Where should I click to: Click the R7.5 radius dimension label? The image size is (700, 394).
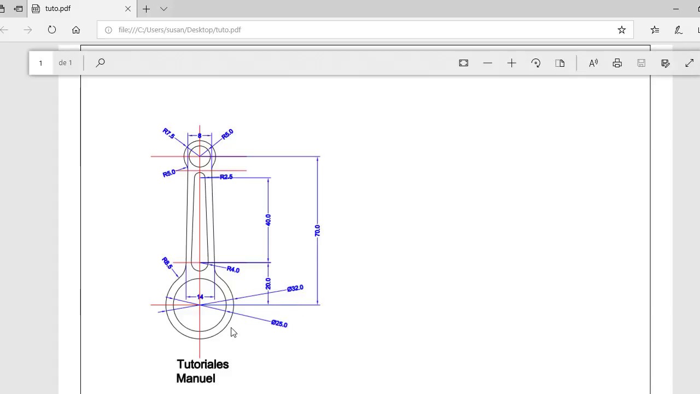(x=168, y=133)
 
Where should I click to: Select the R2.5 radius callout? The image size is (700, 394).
(x=226, y=177)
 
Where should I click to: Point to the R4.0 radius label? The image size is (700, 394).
(x=233, y=269)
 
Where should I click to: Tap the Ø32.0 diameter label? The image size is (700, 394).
(x=295, y=288)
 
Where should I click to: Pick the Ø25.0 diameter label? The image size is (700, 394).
(x=279, y=324)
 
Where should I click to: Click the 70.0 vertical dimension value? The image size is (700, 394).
(x=317, y=230)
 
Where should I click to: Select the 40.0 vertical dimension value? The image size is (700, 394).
(x=268, y=219)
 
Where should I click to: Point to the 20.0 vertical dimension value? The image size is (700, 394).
(x=268, y=283)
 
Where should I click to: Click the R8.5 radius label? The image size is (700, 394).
(x=167, y=263)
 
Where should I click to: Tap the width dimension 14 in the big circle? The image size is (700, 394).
(x=200, y=297)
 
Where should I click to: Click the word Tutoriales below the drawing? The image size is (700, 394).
(x=202, y=364)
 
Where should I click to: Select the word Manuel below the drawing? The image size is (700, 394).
(x=195, y=379)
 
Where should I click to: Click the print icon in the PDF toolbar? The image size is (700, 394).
(x=617, y=63)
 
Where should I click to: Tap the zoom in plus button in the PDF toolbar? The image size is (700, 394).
(x=511, y=63)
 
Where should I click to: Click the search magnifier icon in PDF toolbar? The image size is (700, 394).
(x=100, y=63)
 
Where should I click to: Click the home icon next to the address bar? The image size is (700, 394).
(x=76, y=30)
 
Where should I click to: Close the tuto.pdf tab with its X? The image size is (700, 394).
(x=128, y=9)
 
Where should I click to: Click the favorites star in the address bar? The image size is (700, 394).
(x=621, y=30)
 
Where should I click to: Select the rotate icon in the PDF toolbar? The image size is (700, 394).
(x=536, y=63)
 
